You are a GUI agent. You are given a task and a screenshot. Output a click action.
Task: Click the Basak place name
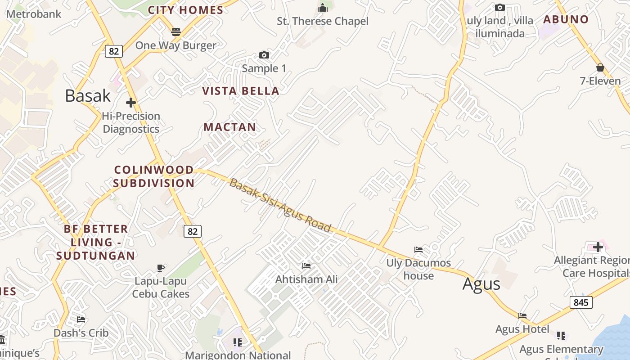point(88,95)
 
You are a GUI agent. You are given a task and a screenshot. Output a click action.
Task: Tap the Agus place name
point(481,284)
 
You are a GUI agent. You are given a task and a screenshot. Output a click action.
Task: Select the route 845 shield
point(581,302)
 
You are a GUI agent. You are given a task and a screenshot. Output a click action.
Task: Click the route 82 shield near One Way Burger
point(114,51)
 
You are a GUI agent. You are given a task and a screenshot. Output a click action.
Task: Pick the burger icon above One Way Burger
point(175,32)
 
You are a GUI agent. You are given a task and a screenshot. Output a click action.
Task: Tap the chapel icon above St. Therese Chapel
point(322,8)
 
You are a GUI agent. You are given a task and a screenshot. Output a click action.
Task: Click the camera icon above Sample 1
point(264,55)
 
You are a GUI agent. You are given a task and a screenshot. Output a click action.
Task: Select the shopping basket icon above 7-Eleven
point(600,68)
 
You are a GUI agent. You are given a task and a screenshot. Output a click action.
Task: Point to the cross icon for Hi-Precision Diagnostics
point(131,103)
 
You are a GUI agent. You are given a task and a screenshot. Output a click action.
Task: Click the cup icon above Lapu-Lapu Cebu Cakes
point(161,268)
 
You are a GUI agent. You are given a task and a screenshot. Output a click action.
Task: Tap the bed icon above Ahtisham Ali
point(306,266)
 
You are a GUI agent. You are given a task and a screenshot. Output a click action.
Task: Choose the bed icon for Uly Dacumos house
point(418,249)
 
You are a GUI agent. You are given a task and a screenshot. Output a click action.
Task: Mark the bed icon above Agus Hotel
point(522,316)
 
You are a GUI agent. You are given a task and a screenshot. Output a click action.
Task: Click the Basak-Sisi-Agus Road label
point(280,205)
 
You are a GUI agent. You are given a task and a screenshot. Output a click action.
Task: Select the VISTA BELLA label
point(241,91)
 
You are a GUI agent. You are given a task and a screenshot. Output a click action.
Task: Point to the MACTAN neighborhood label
point(230,127)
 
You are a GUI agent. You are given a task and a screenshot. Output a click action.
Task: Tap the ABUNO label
point(566,19)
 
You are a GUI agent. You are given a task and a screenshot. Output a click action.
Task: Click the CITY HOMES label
point(185,10)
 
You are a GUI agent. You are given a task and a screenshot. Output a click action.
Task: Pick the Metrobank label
point(34,14)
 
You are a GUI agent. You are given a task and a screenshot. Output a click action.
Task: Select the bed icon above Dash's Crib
point(81,319)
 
